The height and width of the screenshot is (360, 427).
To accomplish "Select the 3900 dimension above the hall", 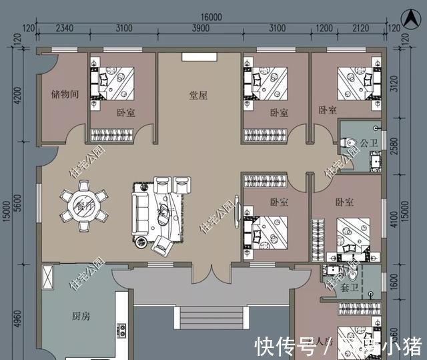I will point(199,28).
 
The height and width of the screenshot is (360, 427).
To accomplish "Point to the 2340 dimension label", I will point(64,28).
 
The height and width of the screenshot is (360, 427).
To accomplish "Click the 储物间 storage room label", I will point(65,95).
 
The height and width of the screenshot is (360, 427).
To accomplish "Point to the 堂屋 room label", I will point(198,96).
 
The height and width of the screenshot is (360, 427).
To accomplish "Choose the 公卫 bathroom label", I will point(369,142).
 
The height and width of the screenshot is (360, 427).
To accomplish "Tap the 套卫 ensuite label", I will point(348,289).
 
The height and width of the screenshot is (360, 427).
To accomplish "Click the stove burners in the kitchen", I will point(122,330).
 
